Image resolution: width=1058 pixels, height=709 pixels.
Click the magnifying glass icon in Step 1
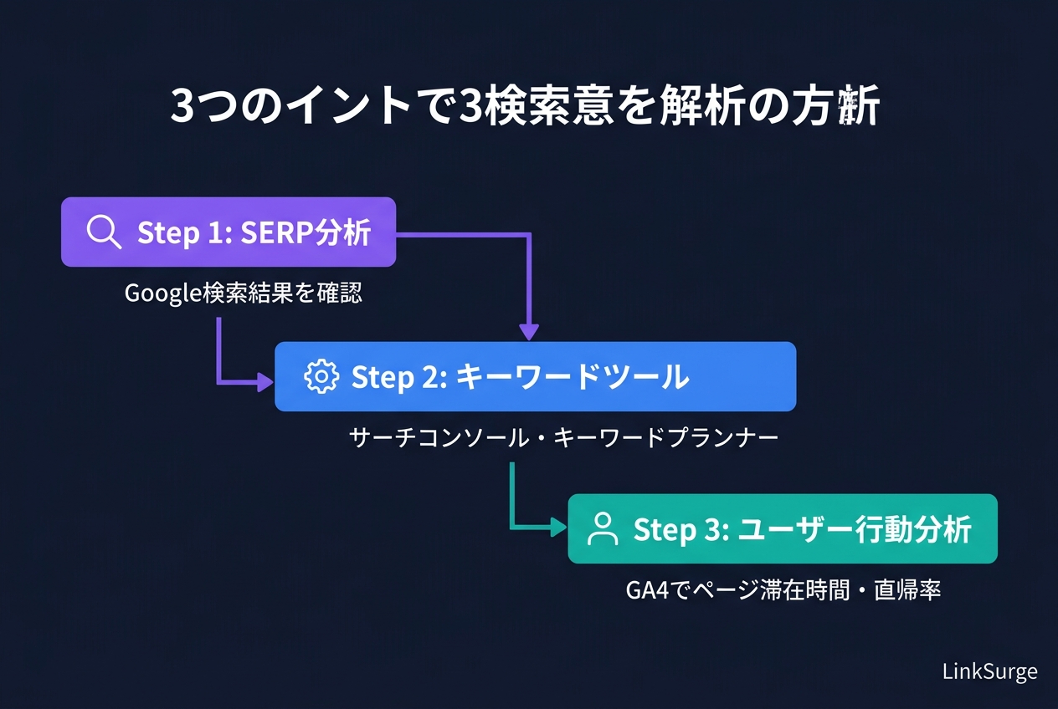pyautogui.click(x=104, y=232)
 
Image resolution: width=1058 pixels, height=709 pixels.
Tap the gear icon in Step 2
pyautogui.click(x=320, y=376)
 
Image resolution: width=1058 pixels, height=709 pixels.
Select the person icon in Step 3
pyautogui.click(x=603, y=528)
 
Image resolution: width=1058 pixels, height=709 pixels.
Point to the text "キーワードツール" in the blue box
pyautogui.click(x=573, y=377)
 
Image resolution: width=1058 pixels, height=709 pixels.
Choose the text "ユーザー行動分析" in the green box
pyautogui.click(x=855, y=529)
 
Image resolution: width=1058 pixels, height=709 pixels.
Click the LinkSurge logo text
pyautogui.click(x=989, y=671)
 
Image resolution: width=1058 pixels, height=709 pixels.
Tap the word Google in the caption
pyautogui.click(x=163, y=294)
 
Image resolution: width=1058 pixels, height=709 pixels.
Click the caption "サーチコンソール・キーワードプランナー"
pyautogui.click(x=563, y=437)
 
